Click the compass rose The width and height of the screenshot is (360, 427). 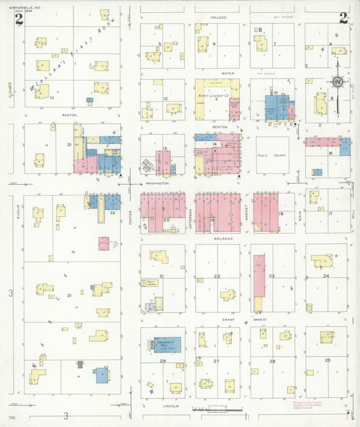click(336, 82)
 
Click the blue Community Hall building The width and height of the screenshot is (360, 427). click(166, 345)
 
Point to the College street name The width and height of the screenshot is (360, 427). click(217, 17)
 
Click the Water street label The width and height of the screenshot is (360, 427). click(217, 72)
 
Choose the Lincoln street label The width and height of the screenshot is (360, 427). click(170, 407)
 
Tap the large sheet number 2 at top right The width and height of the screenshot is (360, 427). click(343, 18)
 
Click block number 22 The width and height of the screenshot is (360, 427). click(217, 276)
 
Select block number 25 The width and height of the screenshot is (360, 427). click(328, 360)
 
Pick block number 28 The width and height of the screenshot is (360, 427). click(163, 361)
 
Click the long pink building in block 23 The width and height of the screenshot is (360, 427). click(259, 283)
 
